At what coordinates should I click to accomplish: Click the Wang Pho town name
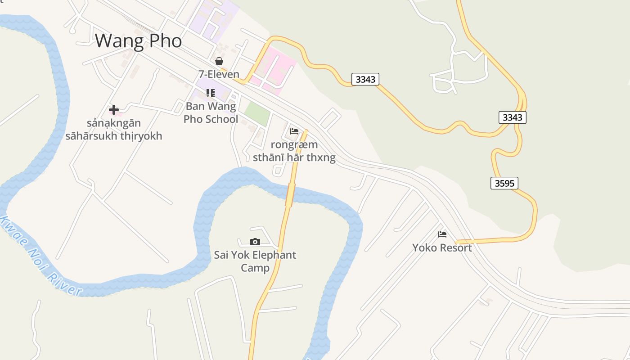[138, 41]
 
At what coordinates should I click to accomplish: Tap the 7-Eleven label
[219, 74]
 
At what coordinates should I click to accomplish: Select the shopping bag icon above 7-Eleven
[219, 61]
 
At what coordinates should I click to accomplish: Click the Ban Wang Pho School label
[211, 113]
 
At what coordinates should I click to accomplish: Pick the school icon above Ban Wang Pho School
[210, 93]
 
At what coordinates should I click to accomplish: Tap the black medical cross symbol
[114, 109]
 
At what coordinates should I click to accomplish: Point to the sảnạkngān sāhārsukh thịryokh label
[113, 130]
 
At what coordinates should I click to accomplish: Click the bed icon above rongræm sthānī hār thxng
[294, 131]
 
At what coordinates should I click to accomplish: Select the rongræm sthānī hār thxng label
[294, 151]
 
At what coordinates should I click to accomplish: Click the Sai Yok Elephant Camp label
[255, 261]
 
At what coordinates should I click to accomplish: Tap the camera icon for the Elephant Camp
[255, 242]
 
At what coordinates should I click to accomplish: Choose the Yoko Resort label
[442, 247]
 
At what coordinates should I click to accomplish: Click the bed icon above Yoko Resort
[442, 234]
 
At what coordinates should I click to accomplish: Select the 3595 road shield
[504, 183]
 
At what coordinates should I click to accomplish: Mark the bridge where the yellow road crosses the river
[290, 194]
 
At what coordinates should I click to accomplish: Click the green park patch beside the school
[257, 114]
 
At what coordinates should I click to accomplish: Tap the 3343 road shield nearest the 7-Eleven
[365, 80]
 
